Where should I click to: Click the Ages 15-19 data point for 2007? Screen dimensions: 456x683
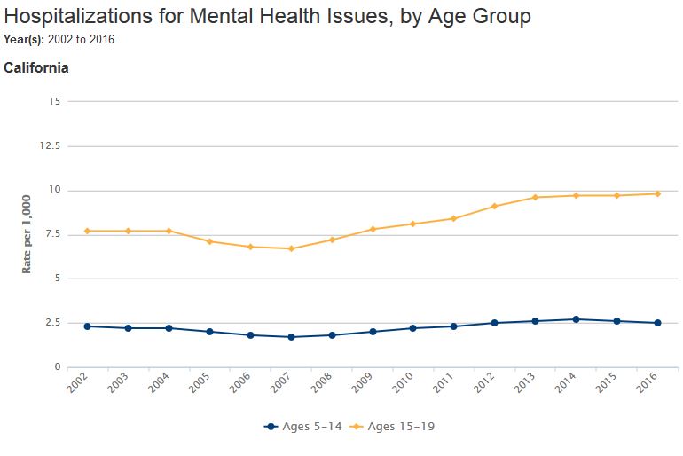tap(291, 248)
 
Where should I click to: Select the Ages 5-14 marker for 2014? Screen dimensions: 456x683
tap(576, 319)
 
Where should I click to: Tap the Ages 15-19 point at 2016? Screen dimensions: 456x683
tap(657, 193)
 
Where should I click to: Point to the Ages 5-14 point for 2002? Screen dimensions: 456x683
tap(87, 326)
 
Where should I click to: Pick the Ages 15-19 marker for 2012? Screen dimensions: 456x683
tap(494, 206)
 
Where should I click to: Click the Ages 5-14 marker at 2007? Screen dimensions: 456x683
tap(291, 337)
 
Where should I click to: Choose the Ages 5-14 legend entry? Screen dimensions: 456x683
tap(304, 427)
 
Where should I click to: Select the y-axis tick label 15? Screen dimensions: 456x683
tap(54, 101)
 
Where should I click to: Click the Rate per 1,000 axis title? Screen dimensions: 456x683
tap(27, 233)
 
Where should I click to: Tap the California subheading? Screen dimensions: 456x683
tap(36, 67)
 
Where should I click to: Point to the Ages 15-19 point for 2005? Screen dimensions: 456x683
tap(209, 241)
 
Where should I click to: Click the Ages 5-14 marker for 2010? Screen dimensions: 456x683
tap(412, 328)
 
